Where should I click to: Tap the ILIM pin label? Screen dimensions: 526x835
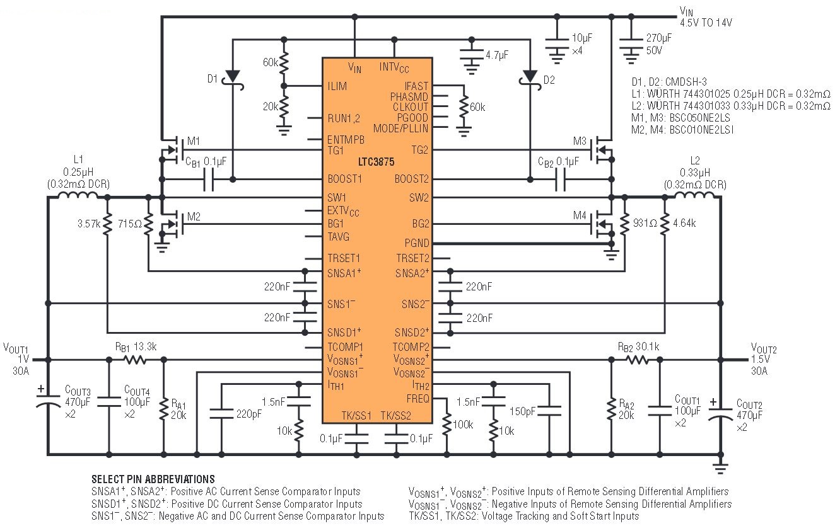[x=337, y=86]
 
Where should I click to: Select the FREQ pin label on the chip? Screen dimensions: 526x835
[x=417, y=398]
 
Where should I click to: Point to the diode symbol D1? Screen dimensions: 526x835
[x=233, y=75]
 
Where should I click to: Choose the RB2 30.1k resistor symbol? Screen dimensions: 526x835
[x=636, y=360]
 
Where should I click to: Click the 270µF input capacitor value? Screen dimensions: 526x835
[x=658, y=38]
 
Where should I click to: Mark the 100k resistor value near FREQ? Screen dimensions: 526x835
[x=464, y=425]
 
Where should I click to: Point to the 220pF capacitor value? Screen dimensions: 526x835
[x=249, y=414]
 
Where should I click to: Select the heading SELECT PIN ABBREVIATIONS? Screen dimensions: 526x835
[x=153, y=479]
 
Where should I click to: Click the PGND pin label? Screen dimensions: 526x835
[x=416, y=243]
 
